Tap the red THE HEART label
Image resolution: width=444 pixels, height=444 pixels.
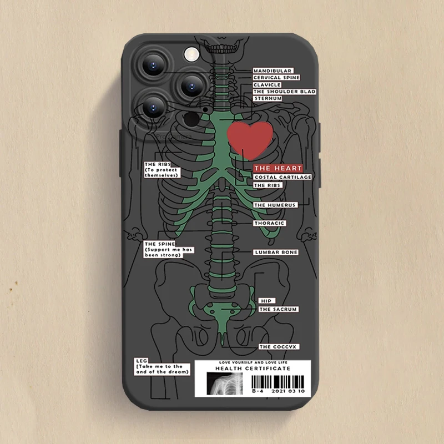click(277, 168)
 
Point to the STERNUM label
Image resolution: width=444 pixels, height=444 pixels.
click(268, 98)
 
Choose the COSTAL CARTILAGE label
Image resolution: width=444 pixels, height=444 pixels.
click(282, 177)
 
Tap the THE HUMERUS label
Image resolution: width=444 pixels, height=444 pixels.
click(275, 205)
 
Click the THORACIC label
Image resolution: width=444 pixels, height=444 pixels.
click(269, 223)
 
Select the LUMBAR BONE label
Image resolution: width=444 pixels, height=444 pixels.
click(276, 252)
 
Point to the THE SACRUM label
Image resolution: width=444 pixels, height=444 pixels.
click(278, 309)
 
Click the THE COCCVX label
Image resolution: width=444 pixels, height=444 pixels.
click(279, 347)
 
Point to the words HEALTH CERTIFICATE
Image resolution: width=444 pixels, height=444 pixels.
click(253, 369)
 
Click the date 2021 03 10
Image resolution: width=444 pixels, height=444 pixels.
click(288, 391)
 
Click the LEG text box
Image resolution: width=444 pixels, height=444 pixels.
click(162, 366)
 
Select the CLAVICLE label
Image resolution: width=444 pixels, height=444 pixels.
click(267, 84)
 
